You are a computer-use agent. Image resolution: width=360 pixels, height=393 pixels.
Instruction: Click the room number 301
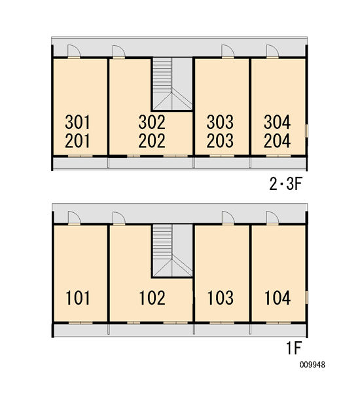coord(77,122)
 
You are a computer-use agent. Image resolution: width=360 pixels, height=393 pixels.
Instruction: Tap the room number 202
coord(152,141)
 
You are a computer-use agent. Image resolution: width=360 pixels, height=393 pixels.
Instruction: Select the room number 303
coord(220,122)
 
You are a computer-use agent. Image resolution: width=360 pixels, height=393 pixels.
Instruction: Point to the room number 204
coord(277,141)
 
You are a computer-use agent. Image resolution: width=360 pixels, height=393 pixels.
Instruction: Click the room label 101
coord(77,298)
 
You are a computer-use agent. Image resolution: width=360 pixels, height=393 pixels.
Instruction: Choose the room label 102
coord(152,298)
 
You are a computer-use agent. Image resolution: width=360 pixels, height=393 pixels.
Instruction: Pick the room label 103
coord(221,298)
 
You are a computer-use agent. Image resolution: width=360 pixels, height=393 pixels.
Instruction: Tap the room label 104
coord(278,298)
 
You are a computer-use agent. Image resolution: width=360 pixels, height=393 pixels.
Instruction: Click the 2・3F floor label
coord(286,184)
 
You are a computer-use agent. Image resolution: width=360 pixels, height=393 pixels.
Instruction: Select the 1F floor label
coord(294,348)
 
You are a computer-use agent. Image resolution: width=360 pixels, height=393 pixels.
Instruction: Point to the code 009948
coord(312,365)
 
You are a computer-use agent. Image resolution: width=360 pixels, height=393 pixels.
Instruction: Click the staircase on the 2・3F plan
coord(172,84)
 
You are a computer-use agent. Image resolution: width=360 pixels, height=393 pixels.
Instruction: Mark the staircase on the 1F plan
coord(172,251)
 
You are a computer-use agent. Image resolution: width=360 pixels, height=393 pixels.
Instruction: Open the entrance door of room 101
coord(74,218)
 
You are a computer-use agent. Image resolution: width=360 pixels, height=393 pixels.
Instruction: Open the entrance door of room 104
coord(272,218)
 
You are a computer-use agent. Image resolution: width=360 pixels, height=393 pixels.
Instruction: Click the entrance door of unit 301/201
coord(74,52)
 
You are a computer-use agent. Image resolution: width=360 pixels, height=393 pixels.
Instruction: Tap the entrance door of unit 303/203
coord(228,52)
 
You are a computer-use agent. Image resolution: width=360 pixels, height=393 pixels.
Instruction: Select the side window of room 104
coord(306,297)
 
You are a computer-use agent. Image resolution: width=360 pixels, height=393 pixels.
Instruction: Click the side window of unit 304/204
coord(306,131)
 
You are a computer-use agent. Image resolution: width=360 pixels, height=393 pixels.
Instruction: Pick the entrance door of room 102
coord(119,218)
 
